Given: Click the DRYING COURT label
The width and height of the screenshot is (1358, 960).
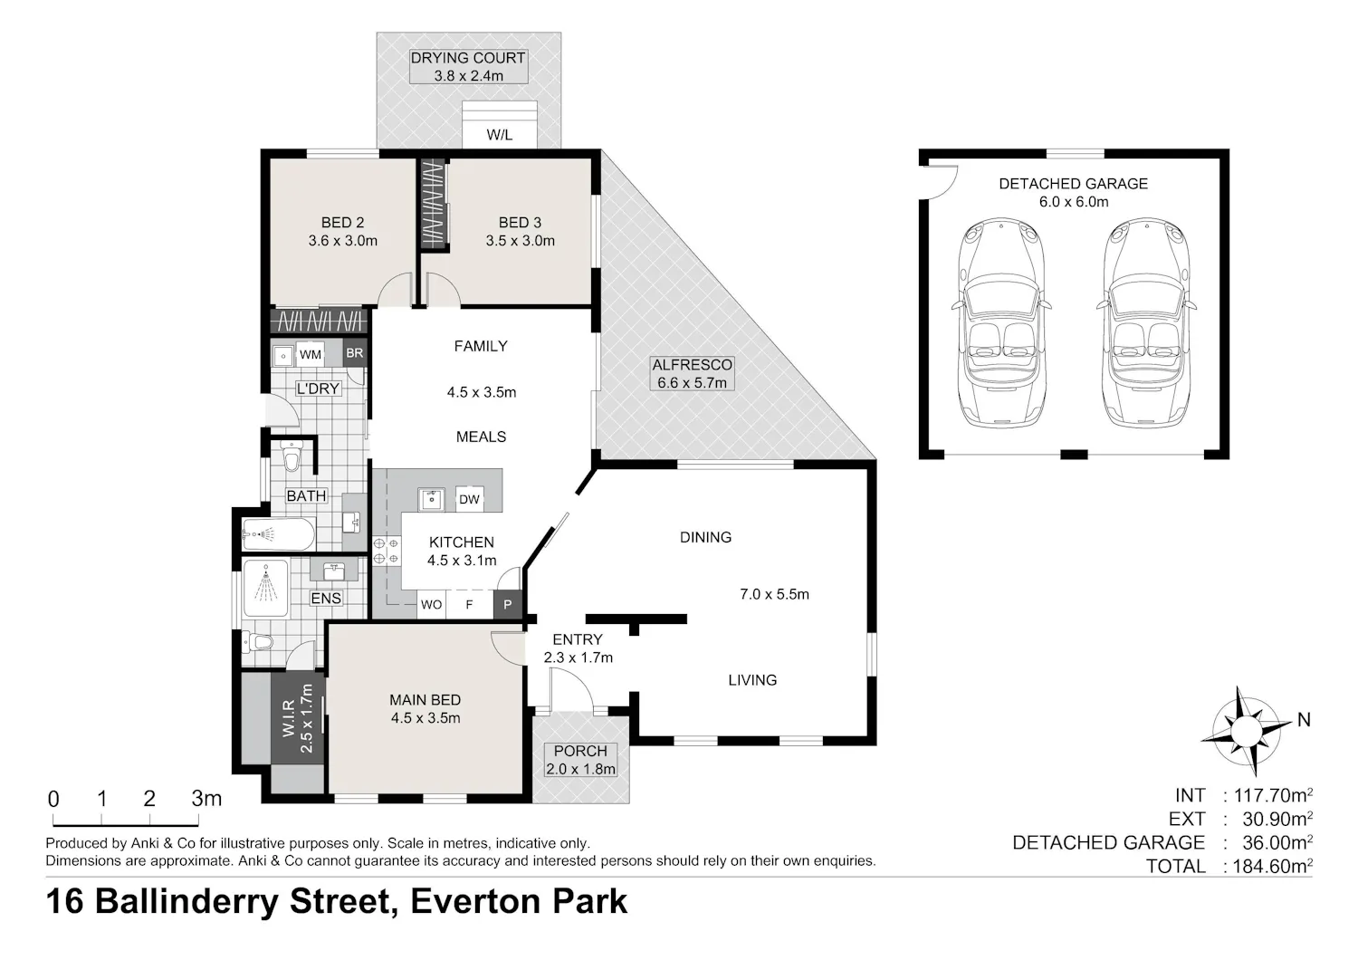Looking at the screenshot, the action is [x=467, y=58].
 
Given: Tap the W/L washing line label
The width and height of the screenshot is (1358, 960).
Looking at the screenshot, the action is [x=499, y=135].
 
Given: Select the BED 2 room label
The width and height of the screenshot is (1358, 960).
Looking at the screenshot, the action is [x=342, y=223].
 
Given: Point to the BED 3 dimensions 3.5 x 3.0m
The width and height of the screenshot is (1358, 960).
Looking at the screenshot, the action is [x=521, y=241].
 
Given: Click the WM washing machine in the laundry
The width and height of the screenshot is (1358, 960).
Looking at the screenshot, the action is [x=310, y=354].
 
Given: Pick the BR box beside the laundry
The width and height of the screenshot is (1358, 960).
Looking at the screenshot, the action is [x=355, y=352].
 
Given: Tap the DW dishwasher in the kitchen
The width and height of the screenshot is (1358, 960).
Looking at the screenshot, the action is [x=469, y=499].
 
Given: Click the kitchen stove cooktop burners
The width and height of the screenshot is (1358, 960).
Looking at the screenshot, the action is [x=387, y=551].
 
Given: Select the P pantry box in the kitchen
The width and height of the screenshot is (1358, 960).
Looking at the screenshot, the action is [x=507, y=604].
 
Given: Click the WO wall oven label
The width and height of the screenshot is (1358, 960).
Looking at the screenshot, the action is [x=431, y=605].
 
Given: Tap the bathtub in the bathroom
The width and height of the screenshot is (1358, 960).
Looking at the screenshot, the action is [x=278, y=534].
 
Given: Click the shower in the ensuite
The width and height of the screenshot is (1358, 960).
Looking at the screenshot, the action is [x=265, y=589].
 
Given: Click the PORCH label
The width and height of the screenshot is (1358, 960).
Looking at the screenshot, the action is [x=580, y=751].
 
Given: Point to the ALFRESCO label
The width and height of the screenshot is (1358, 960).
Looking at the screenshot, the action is [x=692, y=365].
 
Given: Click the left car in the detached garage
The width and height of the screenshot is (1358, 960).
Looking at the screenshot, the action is [x=1001, y=322].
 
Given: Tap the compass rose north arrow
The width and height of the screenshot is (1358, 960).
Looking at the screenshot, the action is [x=1247, y=730].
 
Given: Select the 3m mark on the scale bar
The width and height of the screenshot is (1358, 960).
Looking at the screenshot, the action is [x=206, y=798].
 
